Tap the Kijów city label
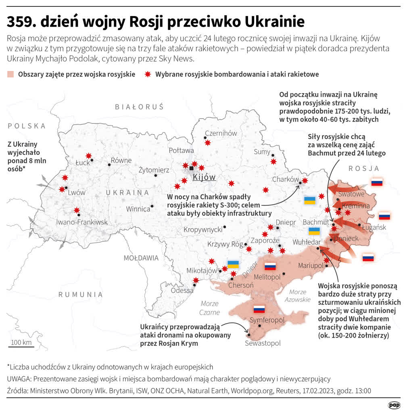(x=204, y=177)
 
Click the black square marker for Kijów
(x=192, y=168)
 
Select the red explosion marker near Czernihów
(x=207, y=142)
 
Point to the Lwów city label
(x=76, y=192)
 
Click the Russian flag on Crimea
(x=259, y=309)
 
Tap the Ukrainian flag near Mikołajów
(x=233, y=265)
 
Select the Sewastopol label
(x=263, y=343)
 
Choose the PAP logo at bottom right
(x=394, y=405)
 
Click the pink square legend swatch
(x=10, y=74)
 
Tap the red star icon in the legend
(x=148, y=74)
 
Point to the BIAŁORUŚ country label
(x=139, y=107)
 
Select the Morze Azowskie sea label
(x=298, y=296)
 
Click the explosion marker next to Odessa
(x=196, y=280)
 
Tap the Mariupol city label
(x=311, y=265)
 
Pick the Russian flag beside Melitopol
(x=269, y=266)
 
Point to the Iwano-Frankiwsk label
(x=82, y=222)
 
